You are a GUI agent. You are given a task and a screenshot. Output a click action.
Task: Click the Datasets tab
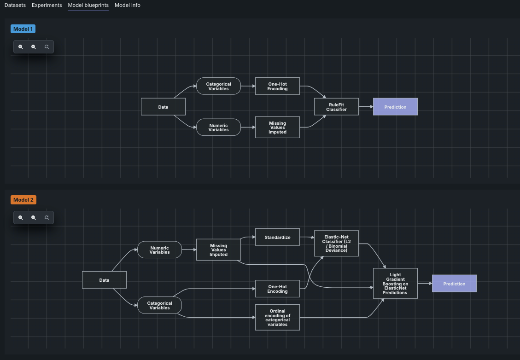(15, 5)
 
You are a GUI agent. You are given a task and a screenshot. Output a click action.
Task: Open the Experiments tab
(47, 5)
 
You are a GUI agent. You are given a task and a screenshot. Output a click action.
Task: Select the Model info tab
(128, 5)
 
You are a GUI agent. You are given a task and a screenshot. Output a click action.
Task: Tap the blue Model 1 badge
(23, 29)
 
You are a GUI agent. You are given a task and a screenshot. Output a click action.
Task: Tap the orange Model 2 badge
(23, 200)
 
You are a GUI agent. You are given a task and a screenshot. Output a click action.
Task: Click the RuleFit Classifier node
(336, 107)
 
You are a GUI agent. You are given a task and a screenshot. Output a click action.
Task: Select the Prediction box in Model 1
(395, 107)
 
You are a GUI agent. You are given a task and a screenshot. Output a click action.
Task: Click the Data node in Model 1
(163, 107)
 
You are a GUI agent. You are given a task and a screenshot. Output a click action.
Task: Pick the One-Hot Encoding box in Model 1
(277, 86)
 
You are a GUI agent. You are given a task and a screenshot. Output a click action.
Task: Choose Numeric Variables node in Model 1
(218, 127)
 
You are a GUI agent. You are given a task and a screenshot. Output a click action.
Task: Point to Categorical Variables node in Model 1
(218, 86)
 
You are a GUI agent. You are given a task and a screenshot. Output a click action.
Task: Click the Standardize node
(277, 237)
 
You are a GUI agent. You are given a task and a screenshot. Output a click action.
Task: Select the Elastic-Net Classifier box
(336, 243)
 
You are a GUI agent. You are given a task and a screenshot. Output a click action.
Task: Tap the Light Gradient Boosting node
(395, 283)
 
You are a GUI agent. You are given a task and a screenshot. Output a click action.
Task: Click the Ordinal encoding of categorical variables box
(277, 317)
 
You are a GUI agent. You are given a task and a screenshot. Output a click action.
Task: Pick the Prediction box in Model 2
(454, 284)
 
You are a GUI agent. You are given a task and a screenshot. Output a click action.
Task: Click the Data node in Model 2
(104, 280)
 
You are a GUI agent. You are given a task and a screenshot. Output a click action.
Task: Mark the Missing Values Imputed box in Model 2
(218, 250)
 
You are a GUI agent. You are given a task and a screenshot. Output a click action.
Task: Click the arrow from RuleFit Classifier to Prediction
(366, 107)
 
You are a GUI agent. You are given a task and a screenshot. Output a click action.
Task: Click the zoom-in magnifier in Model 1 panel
(21, 46)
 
